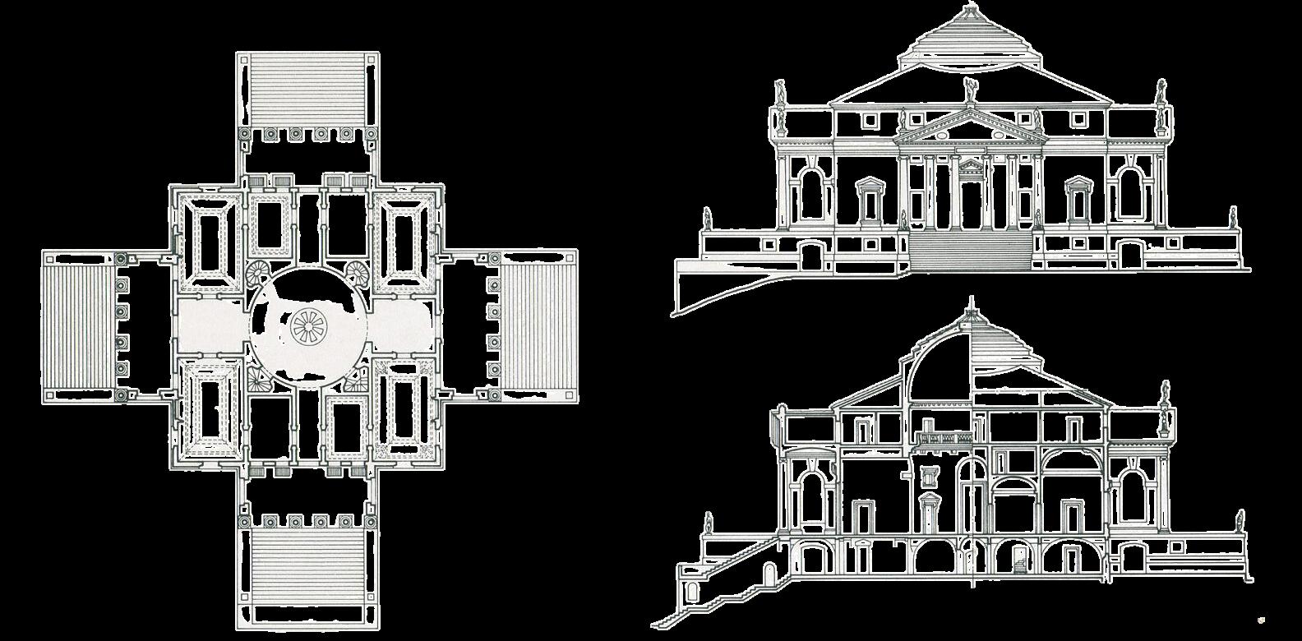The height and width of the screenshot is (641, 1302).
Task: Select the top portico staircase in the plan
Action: pos(308,90)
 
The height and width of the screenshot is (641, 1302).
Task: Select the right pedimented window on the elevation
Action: pos(1076,201)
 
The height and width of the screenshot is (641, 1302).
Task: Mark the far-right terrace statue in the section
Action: pos(1239,521)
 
